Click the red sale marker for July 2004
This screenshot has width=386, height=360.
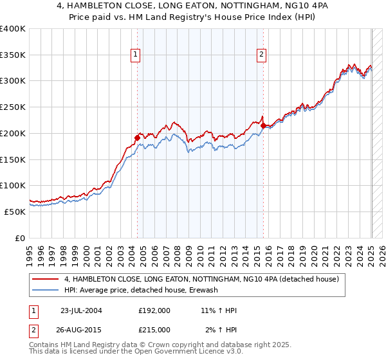tap(137, 137)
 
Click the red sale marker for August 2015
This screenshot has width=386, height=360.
tap(264, 125)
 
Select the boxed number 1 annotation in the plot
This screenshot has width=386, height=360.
tap(136, 56)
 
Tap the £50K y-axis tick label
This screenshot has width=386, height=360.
tap(15, 212)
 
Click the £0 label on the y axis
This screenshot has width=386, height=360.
tap(21, 238)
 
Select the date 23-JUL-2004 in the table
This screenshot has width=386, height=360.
tap(81, 310)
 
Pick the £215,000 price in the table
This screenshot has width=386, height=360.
tap(154, 330)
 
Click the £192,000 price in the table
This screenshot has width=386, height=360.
tap(154, 310)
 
